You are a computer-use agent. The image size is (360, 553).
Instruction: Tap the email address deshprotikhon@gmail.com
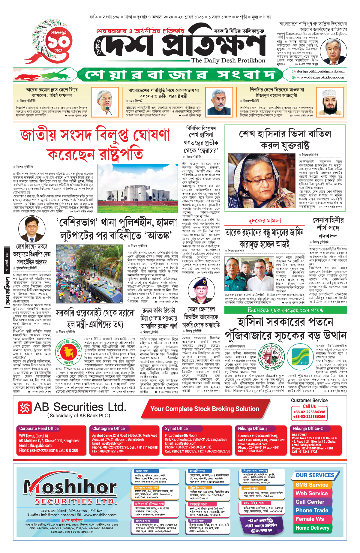320,71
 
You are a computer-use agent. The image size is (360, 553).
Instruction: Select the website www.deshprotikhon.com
320,77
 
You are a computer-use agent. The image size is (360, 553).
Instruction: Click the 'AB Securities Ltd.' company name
80,407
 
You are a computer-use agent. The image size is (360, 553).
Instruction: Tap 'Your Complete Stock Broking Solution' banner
205,409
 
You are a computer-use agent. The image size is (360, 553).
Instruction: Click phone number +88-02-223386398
309,412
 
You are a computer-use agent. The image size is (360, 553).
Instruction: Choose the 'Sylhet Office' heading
176,428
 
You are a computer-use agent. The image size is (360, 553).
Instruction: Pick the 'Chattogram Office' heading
108,428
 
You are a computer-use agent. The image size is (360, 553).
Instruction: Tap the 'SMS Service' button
312,485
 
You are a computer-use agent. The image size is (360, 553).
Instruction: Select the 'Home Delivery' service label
312,528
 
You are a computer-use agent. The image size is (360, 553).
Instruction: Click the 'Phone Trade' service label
312,510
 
